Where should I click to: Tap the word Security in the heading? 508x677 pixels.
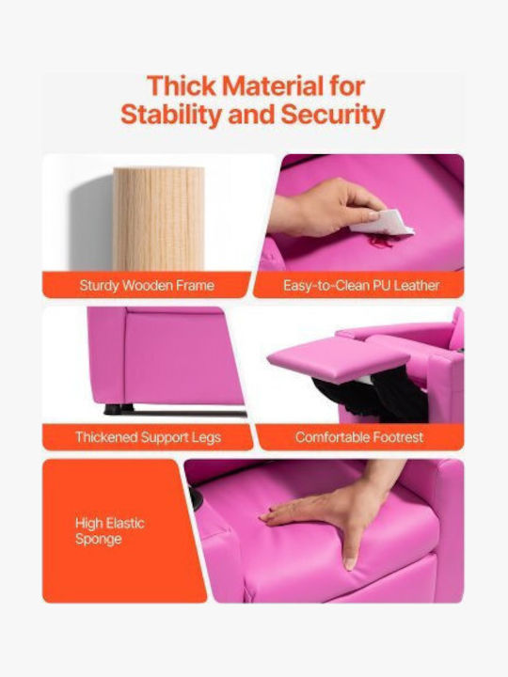(x=333, y=115)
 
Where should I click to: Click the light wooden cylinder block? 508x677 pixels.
(x=159, y=219)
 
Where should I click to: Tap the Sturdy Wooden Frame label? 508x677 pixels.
(x=147, y=286)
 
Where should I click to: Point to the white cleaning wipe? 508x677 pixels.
(x=381, y=224)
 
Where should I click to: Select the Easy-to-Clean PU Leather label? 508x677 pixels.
(x=361, y=286)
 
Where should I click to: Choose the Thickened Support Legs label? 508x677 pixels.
(x=149, y=437)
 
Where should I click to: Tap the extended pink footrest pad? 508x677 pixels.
(x=339, y=359)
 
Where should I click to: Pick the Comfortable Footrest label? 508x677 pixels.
(x=359, y=437)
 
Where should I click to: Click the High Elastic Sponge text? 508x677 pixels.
(x=110, y=531)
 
